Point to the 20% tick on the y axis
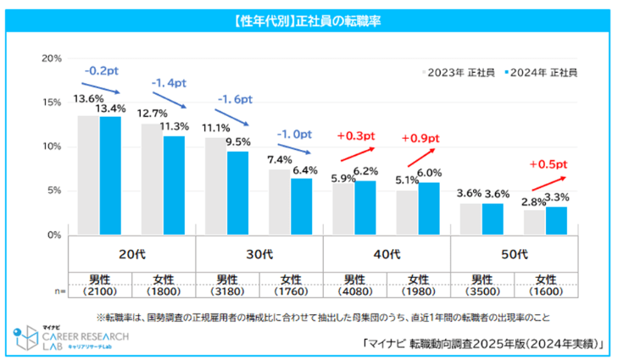[52, 58]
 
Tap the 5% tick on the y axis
[54, 191]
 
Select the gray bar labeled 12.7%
[152, 179]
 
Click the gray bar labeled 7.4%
[279, 202]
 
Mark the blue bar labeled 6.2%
[365, 208]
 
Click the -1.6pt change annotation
[235, 100]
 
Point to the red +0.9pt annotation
[421, 138]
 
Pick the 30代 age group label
[259, 252]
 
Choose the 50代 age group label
[513, 252]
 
